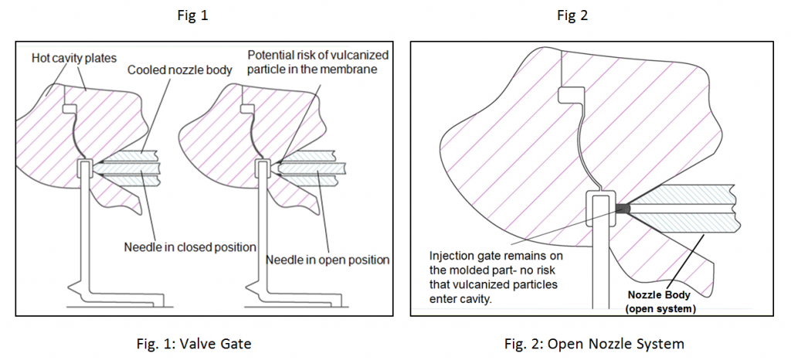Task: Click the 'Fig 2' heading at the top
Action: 572,15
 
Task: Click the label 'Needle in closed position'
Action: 189,247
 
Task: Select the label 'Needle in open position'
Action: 328,259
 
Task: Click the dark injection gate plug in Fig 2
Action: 624,207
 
